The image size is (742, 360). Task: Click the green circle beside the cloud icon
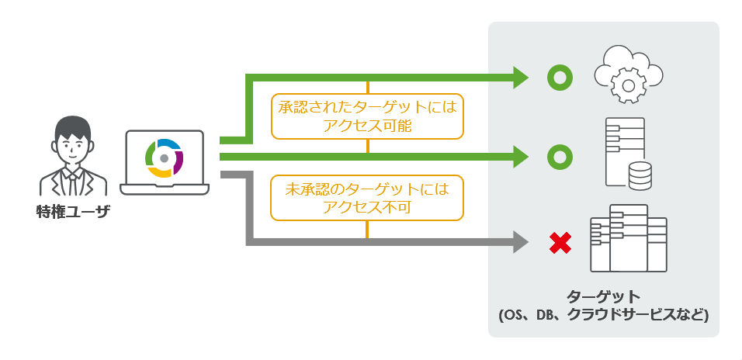click(559, 77)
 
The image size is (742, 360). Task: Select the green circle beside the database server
click(559, 157)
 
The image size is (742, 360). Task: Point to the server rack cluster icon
click(628, 238)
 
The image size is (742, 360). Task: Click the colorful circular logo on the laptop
click(164, 157)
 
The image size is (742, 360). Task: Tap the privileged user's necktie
click(71, 183)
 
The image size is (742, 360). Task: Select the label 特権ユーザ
click(72, 212)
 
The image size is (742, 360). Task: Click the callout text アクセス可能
click(367, 126)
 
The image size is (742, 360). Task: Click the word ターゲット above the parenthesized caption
click(603, 296)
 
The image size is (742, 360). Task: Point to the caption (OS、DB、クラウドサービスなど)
click(603, 315)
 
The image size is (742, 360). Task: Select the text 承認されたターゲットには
click(367, 107)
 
